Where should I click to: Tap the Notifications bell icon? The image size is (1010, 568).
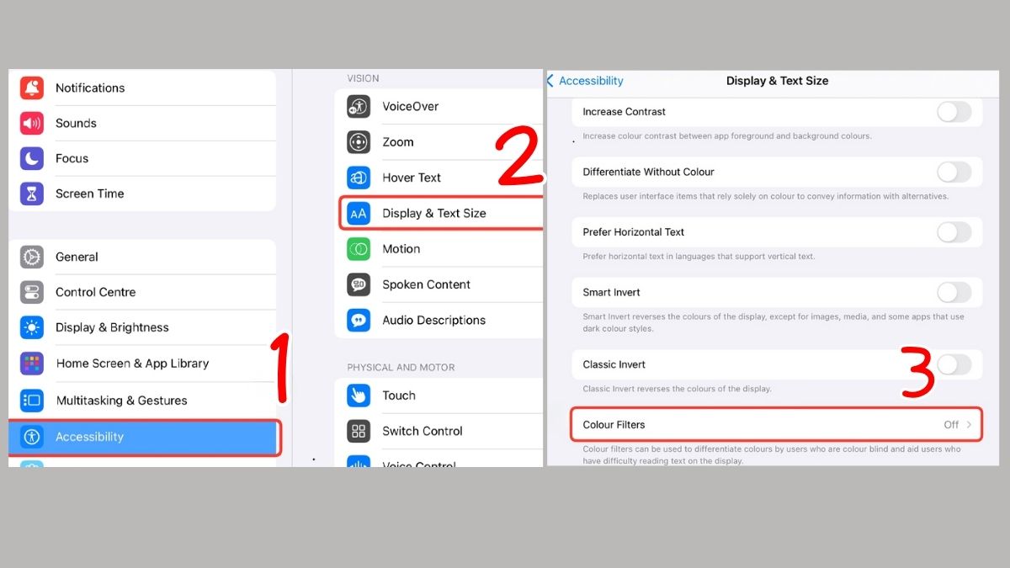tap(32, 88)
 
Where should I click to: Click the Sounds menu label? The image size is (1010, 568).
tap(76, 123)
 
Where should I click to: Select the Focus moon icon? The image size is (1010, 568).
tap(32, 158)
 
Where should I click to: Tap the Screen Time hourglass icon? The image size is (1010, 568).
tap(32, 194)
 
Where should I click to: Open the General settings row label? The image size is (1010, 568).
tap(77, 257)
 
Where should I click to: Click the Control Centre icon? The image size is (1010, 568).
tap(32, 292)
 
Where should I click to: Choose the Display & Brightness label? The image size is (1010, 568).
tap(112, 327)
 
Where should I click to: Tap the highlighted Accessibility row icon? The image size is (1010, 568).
tap(32, 437)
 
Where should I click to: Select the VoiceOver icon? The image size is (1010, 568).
tap(359, 107)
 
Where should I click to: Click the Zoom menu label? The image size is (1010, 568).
tap(398, 142)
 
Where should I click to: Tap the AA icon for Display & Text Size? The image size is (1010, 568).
tap(359, 214)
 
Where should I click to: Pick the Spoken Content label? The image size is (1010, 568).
tap(426, 284)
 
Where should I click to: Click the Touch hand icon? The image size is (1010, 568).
tap(359, 395)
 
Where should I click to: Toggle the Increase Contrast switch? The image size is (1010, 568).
tap(954, 112)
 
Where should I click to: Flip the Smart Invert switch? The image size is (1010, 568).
tap(954, 293)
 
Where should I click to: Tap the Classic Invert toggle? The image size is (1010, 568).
tap(954, 364)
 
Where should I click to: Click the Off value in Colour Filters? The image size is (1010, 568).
tap(951, 425)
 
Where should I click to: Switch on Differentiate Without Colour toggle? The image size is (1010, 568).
tap(954, 173)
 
